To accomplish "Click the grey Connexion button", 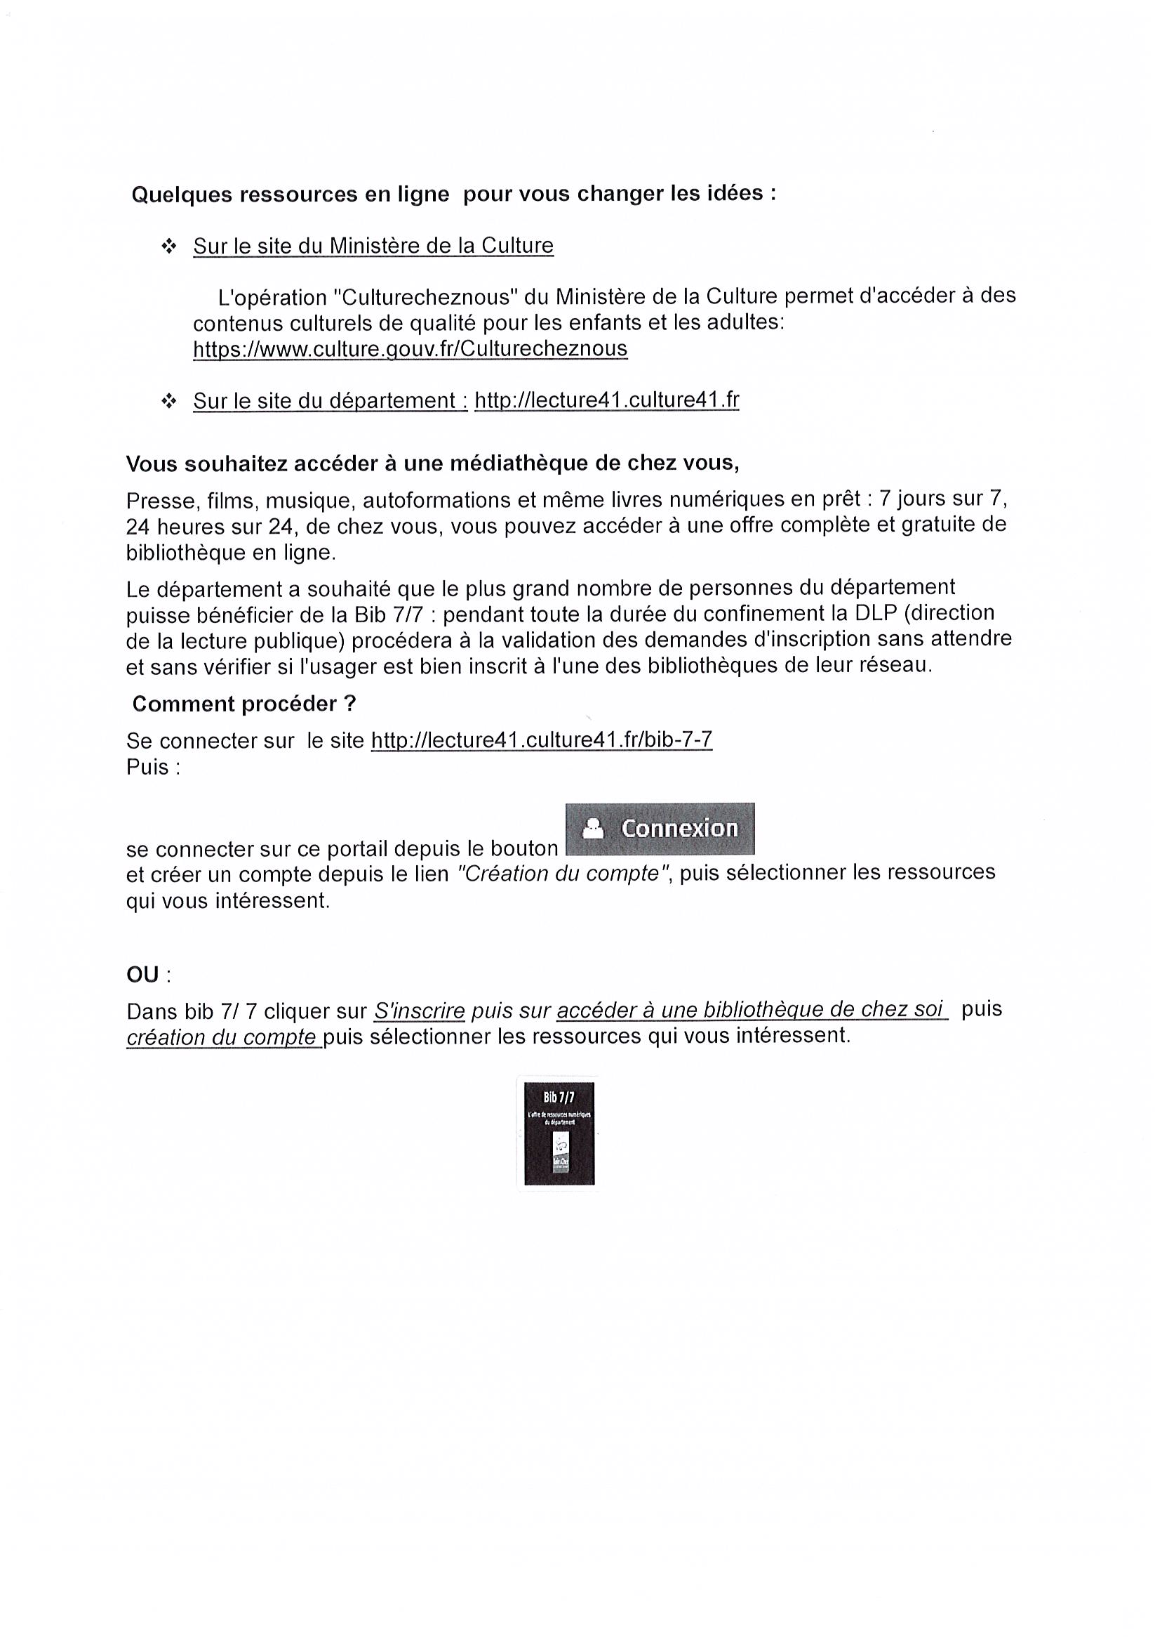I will [659, 828].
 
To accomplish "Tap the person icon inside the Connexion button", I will [593, 828].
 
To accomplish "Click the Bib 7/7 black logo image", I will [559, 1133].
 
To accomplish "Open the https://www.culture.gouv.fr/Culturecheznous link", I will [410, 349].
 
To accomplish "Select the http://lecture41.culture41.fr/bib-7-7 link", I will [542, 740].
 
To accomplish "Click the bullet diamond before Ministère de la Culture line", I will [169, 246].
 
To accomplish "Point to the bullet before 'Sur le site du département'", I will [169, 402].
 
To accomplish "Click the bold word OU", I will [143, 975].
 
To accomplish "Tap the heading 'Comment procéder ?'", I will [243, 704].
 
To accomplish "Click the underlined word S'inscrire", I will [419, 1011].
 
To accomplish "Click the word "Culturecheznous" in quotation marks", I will [424, 296].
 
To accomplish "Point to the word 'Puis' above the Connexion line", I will [147, 767].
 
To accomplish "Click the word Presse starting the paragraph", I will [160, 501].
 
